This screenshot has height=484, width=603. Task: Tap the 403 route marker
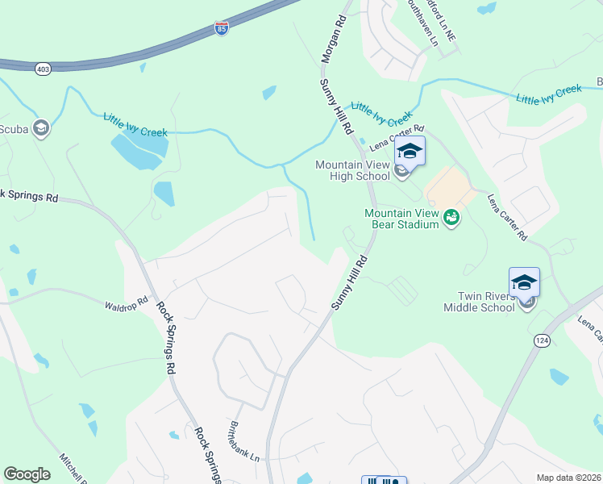click(x=43, y=69)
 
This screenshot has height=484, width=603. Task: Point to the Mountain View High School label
click(x=352, y=170)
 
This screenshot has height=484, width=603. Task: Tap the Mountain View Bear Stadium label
click(x=401, y=219)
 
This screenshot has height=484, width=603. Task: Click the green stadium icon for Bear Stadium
click(x=451, y=218)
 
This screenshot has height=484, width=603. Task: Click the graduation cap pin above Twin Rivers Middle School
click(x=524, y=282)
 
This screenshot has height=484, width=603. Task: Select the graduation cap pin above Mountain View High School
click(x=410, y=151)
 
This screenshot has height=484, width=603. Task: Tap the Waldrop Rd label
click(x=127, y=304)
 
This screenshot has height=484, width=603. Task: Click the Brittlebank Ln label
click(x=244, y=441)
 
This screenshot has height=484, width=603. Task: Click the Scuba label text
click(x=14, y=128)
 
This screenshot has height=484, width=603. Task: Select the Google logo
click(x=27, y=474)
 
